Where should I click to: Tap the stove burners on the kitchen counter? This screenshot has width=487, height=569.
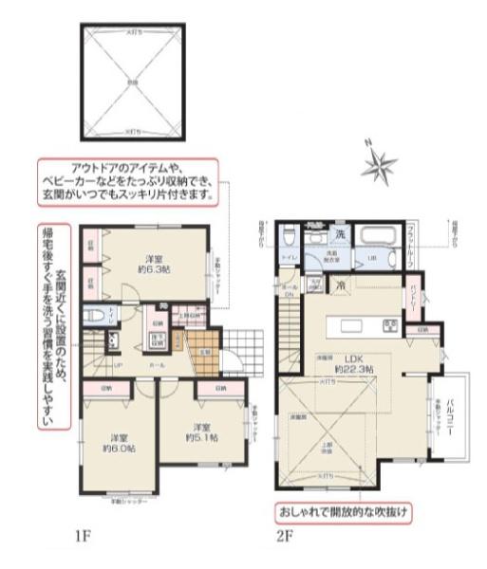point(388,326)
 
